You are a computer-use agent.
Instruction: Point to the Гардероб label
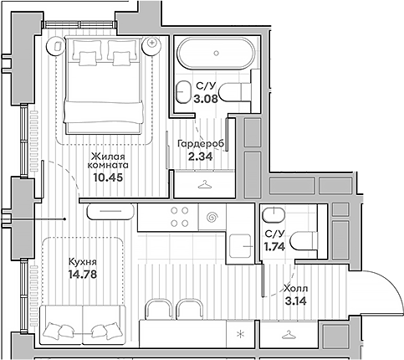pos(198,143)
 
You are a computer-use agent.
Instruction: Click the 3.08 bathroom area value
pos(206,97)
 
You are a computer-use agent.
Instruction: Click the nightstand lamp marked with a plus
pos(152,43)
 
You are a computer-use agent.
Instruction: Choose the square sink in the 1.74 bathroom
pos(243,244)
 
